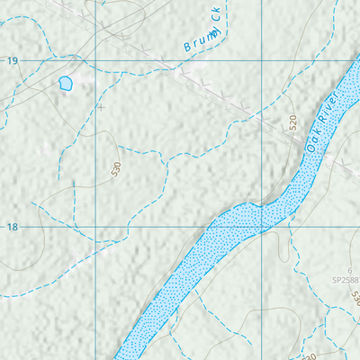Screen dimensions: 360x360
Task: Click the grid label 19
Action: (x=12, y=60)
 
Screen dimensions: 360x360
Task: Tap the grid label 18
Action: (x=12, y=227)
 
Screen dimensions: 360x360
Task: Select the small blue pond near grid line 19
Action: (x=65, y=84)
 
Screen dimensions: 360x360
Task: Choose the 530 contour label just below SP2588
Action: (x=355, y=296)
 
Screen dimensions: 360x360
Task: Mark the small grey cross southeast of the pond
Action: (x=101, y=107)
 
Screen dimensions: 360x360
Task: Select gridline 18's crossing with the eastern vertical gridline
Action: (x=263, y=228)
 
